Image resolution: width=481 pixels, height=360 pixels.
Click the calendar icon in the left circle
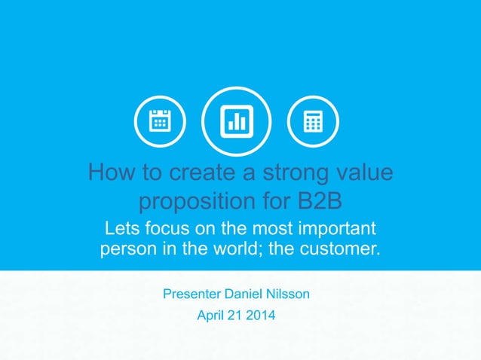(x=160, y=122)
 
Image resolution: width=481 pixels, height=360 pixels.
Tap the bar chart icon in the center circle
(x=238, y=122)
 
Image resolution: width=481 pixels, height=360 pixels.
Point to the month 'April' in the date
(x=210, y=316)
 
